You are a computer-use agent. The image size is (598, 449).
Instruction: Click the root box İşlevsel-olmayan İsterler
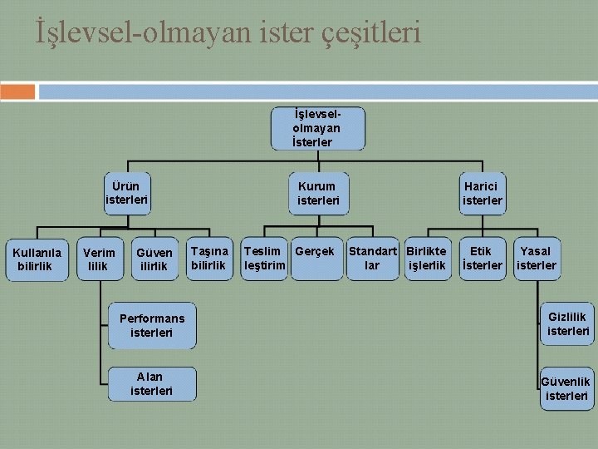pyautogui.click(x=317, y=128)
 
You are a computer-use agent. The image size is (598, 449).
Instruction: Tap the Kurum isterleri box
pyautogui.click(x=318, y=193)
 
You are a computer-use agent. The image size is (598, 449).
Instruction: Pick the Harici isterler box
pyautogui.click(x=483, y=193)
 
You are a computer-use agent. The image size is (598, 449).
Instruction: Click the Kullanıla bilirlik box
pyautogui.click(x=37, y=259)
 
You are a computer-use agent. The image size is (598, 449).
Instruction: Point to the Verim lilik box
pyautogui.click(x=99, y=259)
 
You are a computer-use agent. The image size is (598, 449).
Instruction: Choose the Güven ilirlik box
pyautogui.click(x=154, y=259)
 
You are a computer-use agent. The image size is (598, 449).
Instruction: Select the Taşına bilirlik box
pyautogui.click(x=209, y=258)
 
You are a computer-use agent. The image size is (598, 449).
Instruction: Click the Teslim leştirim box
pyautogui.click(x=264, y=258)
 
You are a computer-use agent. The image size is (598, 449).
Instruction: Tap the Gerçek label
pyautogui.click(x=315, y=251)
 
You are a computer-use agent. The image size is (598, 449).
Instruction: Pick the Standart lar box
pyautogui.click(x=373, y=258)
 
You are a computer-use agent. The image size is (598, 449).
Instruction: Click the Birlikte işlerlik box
pyautogui.click(x=427, y=258)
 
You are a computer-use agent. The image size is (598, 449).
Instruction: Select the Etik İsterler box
pyautogui.click(x=482, y=258)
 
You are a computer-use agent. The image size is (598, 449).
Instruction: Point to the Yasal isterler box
pyautogui.click(x=536, y=258)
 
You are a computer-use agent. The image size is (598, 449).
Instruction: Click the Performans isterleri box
pyautogui.click(x=152, y=325)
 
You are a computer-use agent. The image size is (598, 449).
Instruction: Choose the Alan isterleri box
pyautogui.click(x=152, y=383)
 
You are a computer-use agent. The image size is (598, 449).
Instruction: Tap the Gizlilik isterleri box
pyautogui.click(x=568, y=323)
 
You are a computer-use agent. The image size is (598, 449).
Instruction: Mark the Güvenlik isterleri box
pyautogui.click(x=567, y=388)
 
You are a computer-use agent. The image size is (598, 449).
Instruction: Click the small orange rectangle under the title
pyautogui.click(x=18, y=91)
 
